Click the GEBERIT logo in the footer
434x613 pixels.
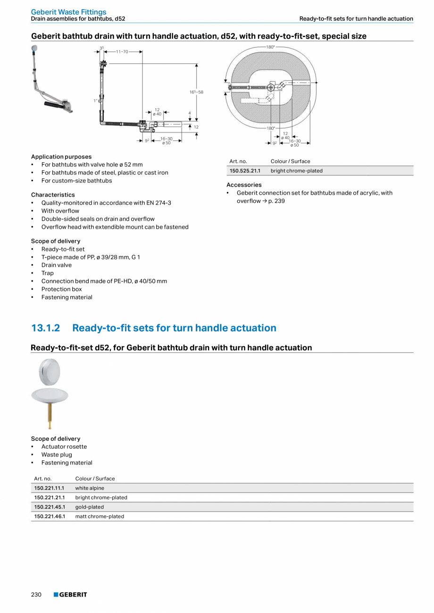pos(70,595)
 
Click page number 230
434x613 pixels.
pos(36,595)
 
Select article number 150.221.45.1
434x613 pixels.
pos(49,507)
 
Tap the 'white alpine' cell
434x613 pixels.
pos(90,488)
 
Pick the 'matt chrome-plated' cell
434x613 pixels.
pos(100,516)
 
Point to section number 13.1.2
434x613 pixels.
pos(45,328)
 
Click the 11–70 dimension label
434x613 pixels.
pos(122,51)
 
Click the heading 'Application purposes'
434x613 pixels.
pos(61,157)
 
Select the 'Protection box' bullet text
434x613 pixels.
pos(61,289)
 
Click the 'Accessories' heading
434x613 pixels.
pos(244,185)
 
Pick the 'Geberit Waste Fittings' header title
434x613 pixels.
pos(68,12)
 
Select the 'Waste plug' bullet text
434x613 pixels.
pos(57,455)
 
